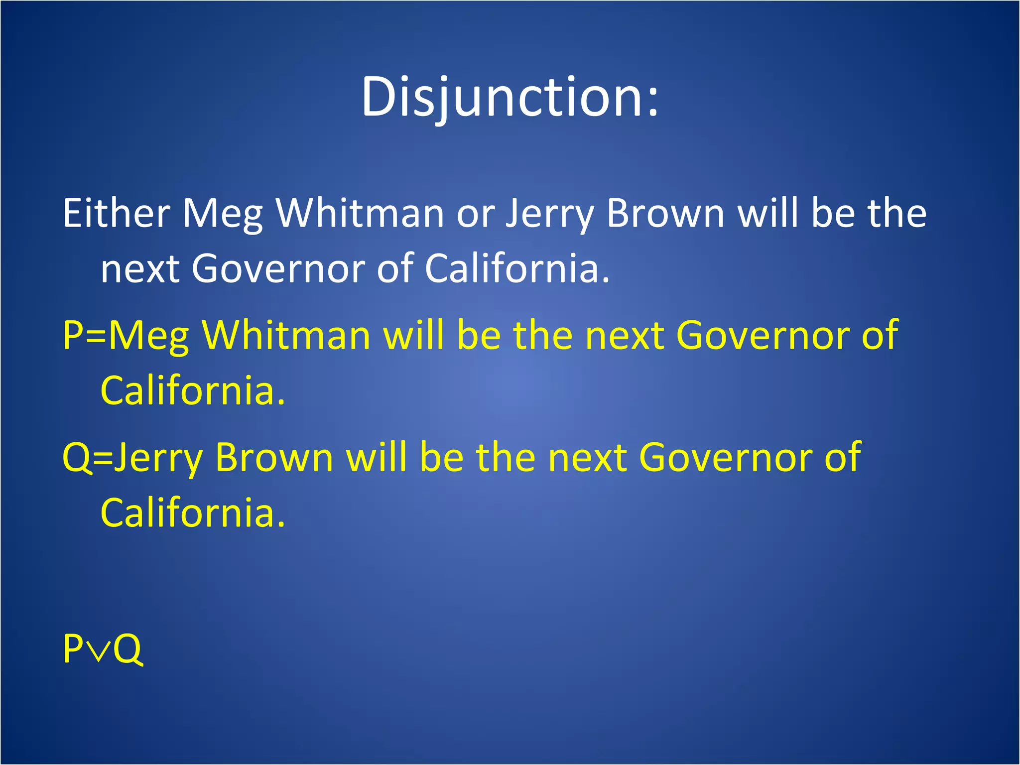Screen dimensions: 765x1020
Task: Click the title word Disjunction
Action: (509, 97)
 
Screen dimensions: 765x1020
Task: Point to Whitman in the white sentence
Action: (360, 213)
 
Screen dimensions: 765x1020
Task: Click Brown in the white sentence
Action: (665, 213)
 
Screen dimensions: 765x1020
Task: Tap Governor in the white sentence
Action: (278, 269)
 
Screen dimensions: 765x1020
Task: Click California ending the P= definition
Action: (192, 390)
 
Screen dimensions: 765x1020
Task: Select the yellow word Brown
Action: (274, 457)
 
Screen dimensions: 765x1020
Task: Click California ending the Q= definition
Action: (192, 513)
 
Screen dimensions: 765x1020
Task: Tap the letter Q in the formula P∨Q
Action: (128, 649)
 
